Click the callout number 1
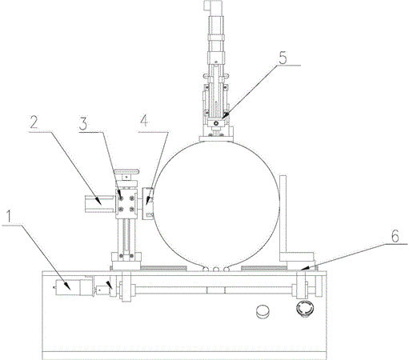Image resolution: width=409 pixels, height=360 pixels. [x=9, y=216]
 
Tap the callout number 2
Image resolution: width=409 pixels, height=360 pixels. [x=34, y=122]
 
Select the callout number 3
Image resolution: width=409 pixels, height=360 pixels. [x=83, y=124]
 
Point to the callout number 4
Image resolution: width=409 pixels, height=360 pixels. [x=144, y=121]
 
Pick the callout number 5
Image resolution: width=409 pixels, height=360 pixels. [x=283, y=58]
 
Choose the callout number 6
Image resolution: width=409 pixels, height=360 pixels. [x=395, y=236]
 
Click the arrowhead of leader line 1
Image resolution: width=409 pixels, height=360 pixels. [x=67, y=286]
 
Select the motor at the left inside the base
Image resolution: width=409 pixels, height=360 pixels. [x=73, y=287]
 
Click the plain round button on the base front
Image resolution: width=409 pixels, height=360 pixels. [x=263, y=311]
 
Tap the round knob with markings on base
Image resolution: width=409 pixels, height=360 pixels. [x=304, y=308]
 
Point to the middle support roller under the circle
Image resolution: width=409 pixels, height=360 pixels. [x=216, y=269]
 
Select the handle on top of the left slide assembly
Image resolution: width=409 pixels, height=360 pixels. [x=126, y=172]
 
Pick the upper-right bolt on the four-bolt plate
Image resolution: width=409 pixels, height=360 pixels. [x=131, y=198]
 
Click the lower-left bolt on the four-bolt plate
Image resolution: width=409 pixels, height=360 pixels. [x=121, y=210]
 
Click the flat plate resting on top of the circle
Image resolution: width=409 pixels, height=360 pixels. [x=217, y=138]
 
